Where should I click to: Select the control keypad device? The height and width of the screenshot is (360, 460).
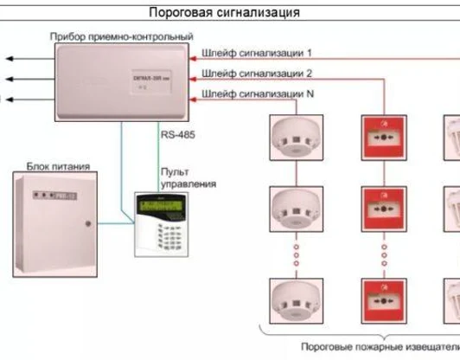157,222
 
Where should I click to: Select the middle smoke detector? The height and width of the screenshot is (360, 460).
295,207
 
